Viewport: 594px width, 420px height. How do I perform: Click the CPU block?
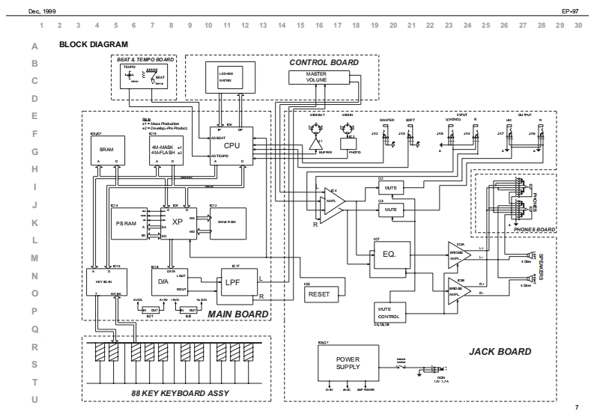point(231,145)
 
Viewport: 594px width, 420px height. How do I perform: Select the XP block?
point(178,222)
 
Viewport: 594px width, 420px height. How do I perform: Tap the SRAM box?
point(106,150)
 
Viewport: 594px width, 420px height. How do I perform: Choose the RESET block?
point(318,294)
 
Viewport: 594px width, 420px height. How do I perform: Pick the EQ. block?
point(389,254)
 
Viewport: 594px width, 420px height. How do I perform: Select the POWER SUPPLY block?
point(348,364)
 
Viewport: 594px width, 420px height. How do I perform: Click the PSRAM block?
point(125,222)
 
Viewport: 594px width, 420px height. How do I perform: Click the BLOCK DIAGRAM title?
point(93,45)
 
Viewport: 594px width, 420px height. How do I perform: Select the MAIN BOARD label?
point(237,314)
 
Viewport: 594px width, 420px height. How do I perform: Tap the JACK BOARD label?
point(500,351)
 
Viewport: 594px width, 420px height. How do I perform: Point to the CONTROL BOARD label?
point(324,62)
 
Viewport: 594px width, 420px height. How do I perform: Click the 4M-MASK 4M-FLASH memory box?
point(166,150)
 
